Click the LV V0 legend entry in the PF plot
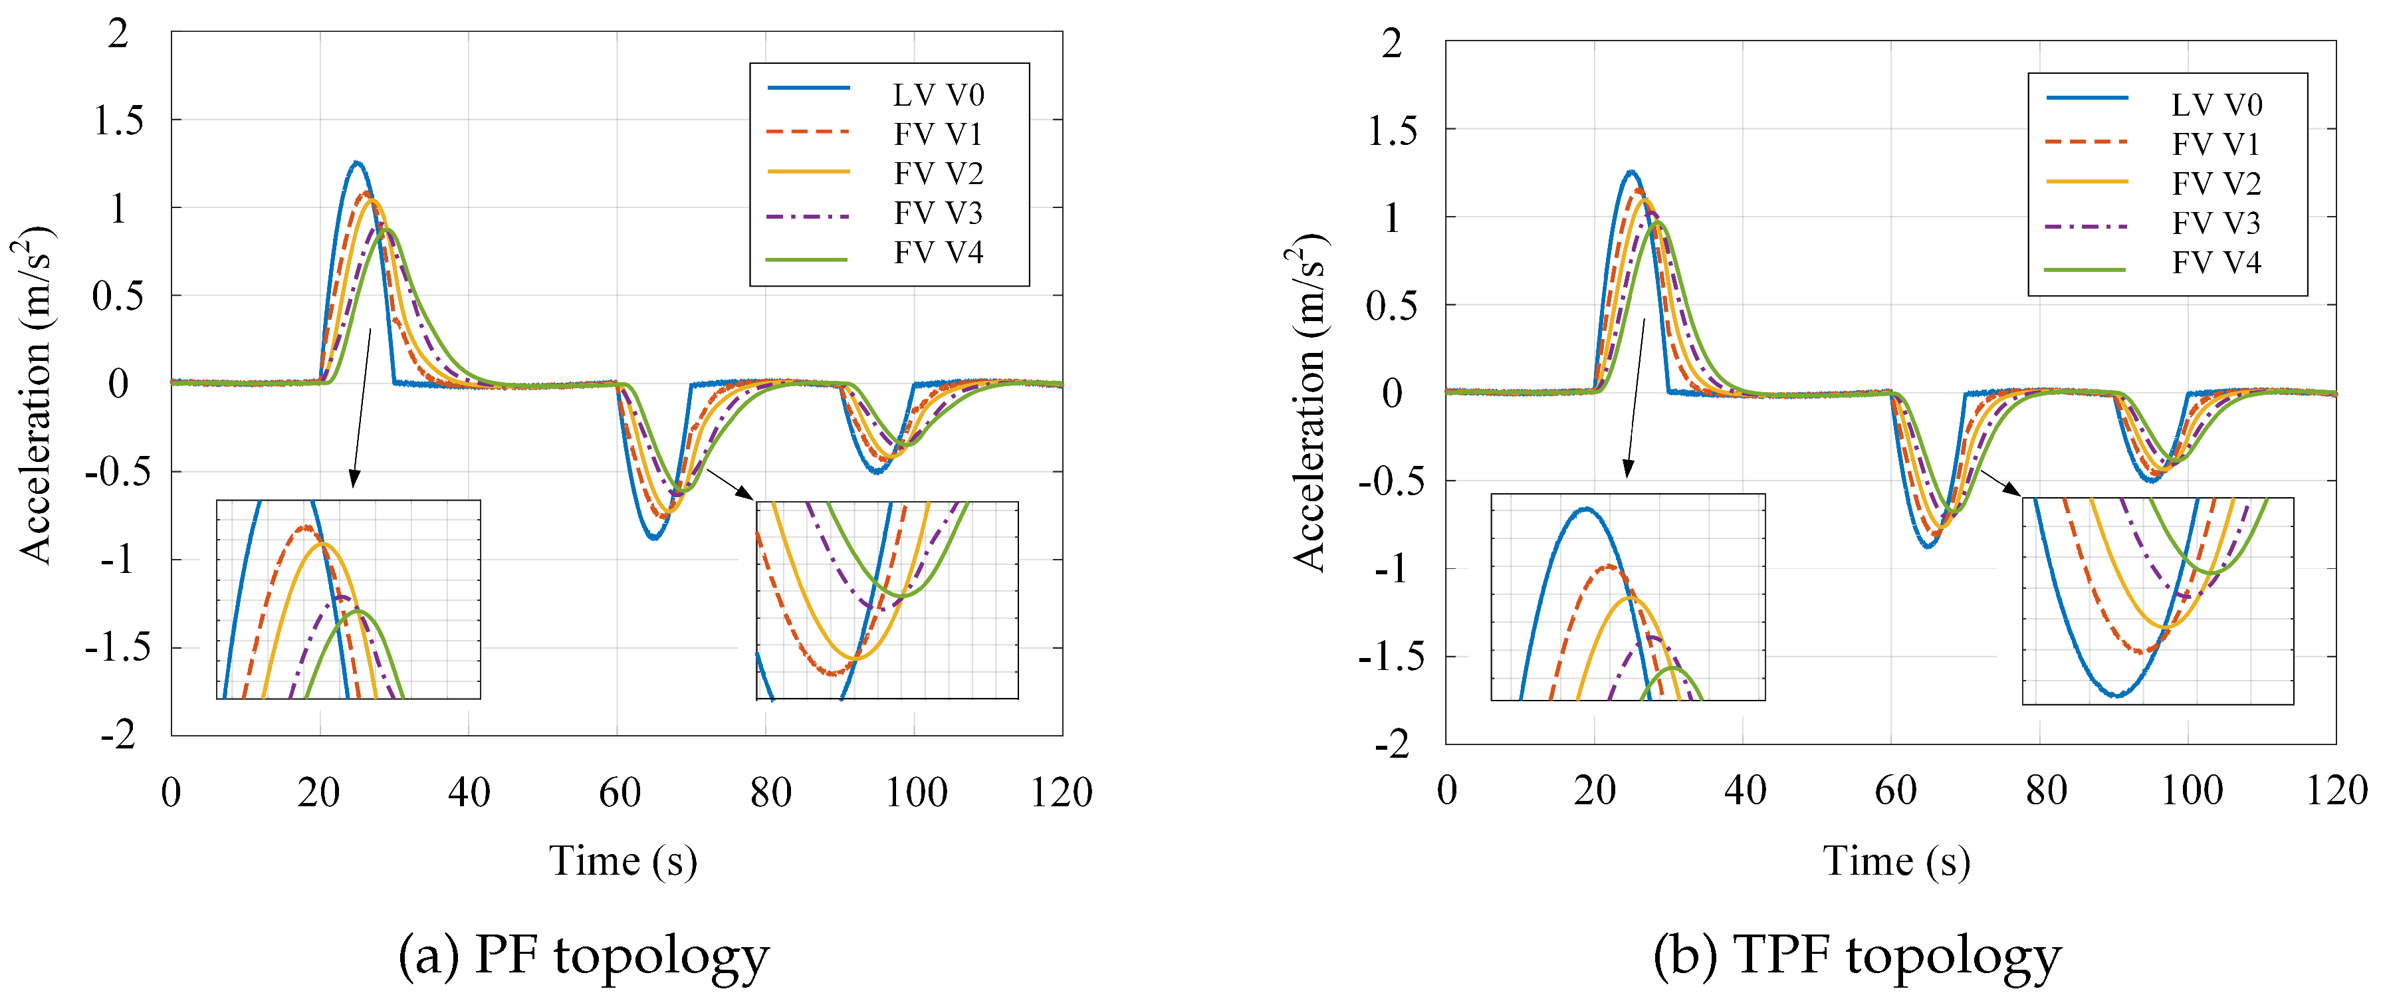point(937,94)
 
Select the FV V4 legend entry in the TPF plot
point(2215,263)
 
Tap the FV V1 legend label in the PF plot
point(937,134)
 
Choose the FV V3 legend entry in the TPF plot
point(2215,224)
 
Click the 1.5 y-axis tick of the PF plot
point(119,120)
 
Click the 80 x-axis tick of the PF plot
point(770,792)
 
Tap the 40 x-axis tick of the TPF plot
point(1744,790)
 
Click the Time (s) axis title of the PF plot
point(623,861)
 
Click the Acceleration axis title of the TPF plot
point(1309,402)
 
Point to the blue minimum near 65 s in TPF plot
point(1928,547)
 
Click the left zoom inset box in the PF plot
point(348,599)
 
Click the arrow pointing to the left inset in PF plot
point(362,407)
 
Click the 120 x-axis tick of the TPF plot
point(2336,790)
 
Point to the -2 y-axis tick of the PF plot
point(119,736)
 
